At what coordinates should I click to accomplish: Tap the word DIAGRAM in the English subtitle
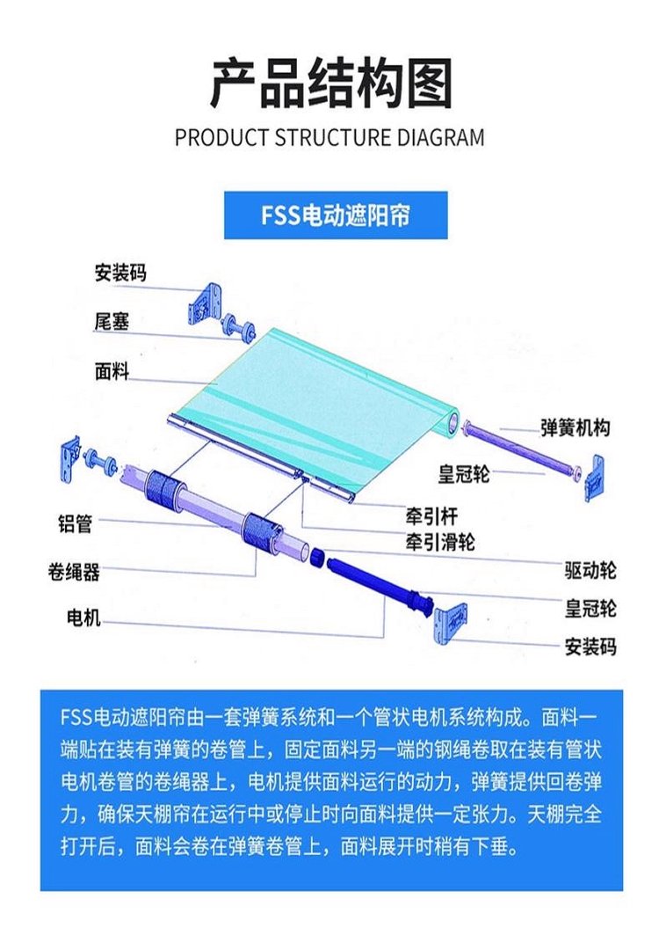click(435, 138)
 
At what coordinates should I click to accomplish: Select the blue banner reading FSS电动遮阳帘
click(336, 215)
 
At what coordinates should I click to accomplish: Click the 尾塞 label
click(112, 322)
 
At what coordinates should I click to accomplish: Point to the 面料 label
click(112, 371)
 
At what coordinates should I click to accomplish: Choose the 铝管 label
click(75, 523)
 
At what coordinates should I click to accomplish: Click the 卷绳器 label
click(74, 572)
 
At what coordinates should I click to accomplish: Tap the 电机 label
click(83, 617)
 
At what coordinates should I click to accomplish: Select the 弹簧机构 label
click(575, 427)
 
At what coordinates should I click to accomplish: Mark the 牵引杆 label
click(431, 516)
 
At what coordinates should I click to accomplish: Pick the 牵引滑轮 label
click(440, 542)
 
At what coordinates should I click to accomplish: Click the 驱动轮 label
click(590, 571)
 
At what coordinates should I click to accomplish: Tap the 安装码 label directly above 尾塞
click(120, 273)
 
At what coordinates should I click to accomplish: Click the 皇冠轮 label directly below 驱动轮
click(590, 609)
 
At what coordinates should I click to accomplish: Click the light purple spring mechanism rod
click(518, 447)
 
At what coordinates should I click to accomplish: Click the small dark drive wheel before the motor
click(317, 557)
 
